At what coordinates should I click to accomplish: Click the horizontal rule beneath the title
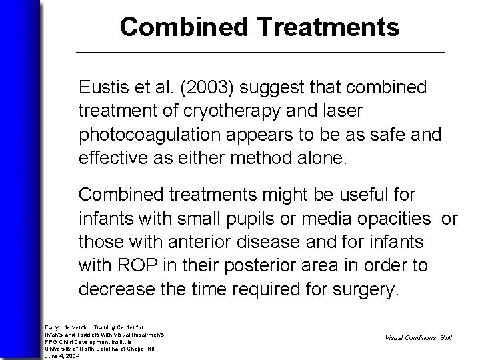tap(260, 52)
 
